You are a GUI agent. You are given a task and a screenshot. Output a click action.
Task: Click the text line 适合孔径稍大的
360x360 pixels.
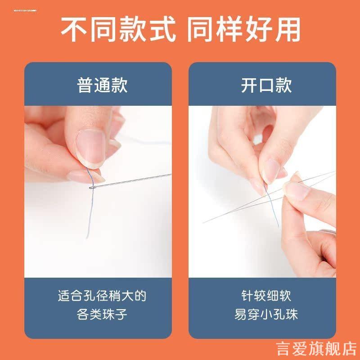click(x=102, y=296)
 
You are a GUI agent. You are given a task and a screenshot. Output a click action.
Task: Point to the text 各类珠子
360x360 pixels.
click(x=102, y=314)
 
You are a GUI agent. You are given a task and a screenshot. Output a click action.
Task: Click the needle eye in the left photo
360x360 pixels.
click(x=93, y=186)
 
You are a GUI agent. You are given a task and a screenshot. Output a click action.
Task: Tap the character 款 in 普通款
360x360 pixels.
click(x=119, y=85)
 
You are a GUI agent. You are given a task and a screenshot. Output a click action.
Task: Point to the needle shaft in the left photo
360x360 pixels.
click(x=135, y=180)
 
